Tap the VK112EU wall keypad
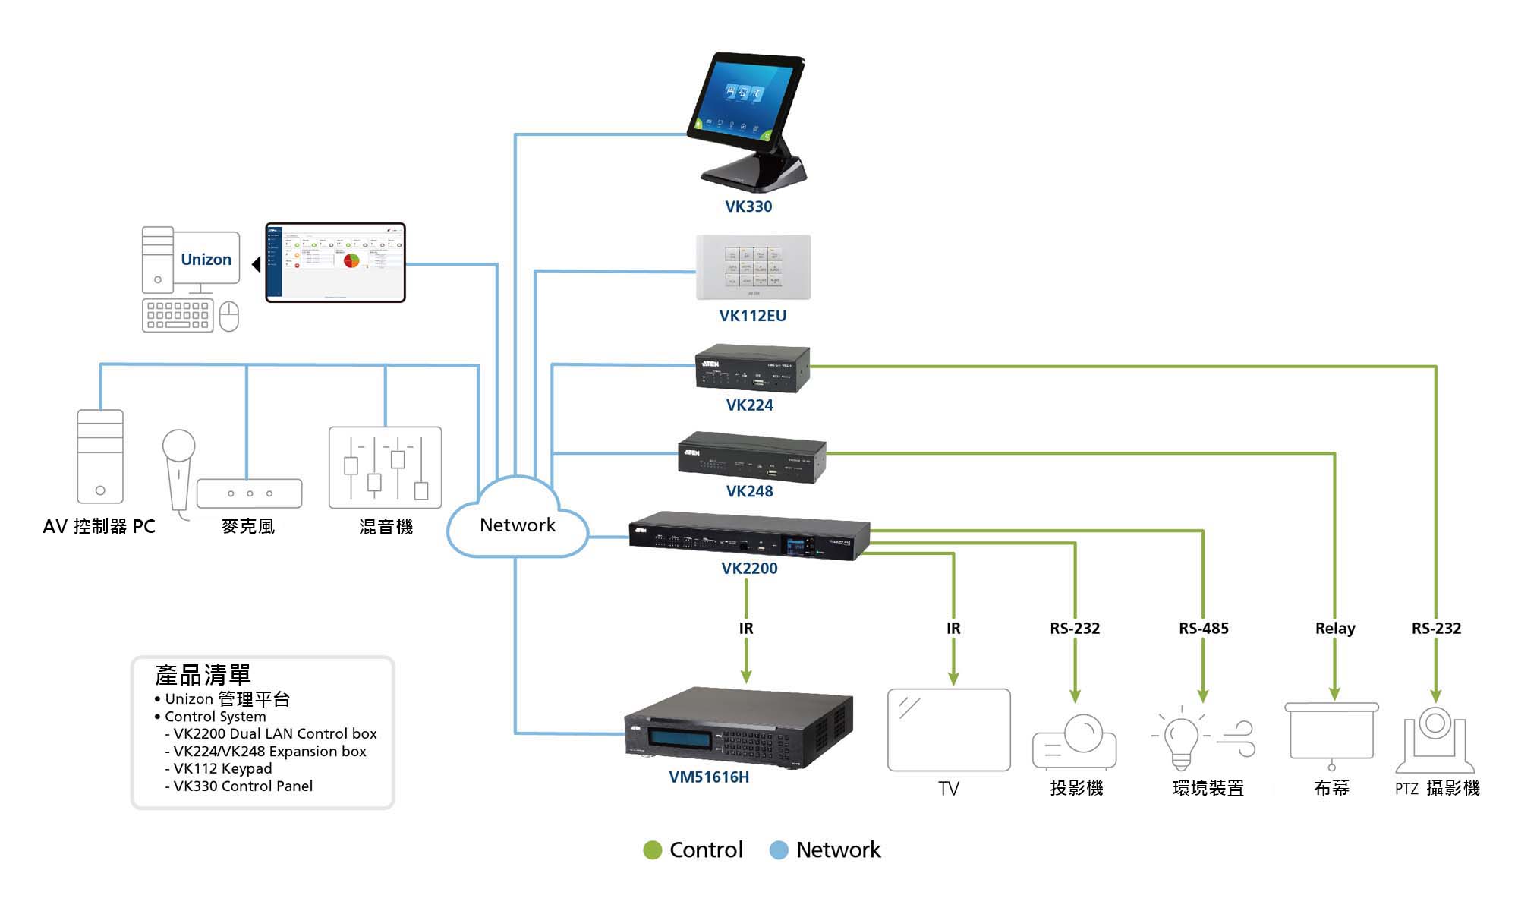coord(753,266)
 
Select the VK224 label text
coord(749,405)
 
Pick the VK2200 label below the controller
coord(749,569)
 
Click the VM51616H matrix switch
coord(738,728)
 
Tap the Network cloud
coord(518,524)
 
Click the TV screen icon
coord(949,730)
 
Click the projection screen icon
coord(1331,733)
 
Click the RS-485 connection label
coord(1203,629)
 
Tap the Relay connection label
coord(1334,629)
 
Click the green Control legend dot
coord(652,850)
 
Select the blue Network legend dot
coord(779,850)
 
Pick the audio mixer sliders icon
coord(385,467)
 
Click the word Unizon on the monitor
coord(206,260)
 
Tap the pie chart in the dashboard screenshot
coord(351,260)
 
